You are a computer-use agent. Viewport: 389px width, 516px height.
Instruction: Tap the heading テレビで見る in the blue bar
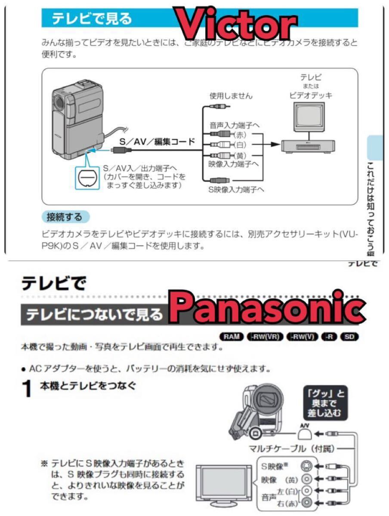[92, 19]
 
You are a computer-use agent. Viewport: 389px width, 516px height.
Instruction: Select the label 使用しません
[231, 95]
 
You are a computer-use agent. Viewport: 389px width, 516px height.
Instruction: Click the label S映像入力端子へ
[236, 189]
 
